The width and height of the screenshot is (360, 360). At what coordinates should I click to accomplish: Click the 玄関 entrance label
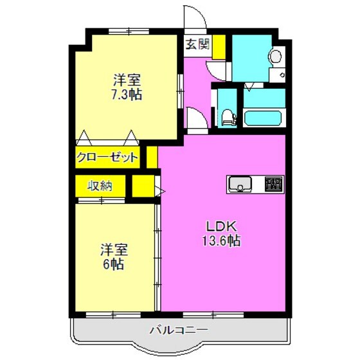click(197, 44)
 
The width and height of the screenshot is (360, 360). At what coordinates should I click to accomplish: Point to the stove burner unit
click(274, 184)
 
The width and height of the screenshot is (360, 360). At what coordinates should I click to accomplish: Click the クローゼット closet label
click(107, 157)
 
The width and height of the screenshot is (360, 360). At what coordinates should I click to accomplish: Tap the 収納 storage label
click(100, 186)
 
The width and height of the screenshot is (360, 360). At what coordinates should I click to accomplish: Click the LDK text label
click(222, 226)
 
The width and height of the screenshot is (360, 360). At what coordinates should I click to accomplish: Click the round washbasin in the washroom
click(276, 57)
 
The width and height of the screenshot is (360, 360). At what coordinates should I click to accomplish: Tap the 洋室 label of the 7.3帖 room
click(126, 80)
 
